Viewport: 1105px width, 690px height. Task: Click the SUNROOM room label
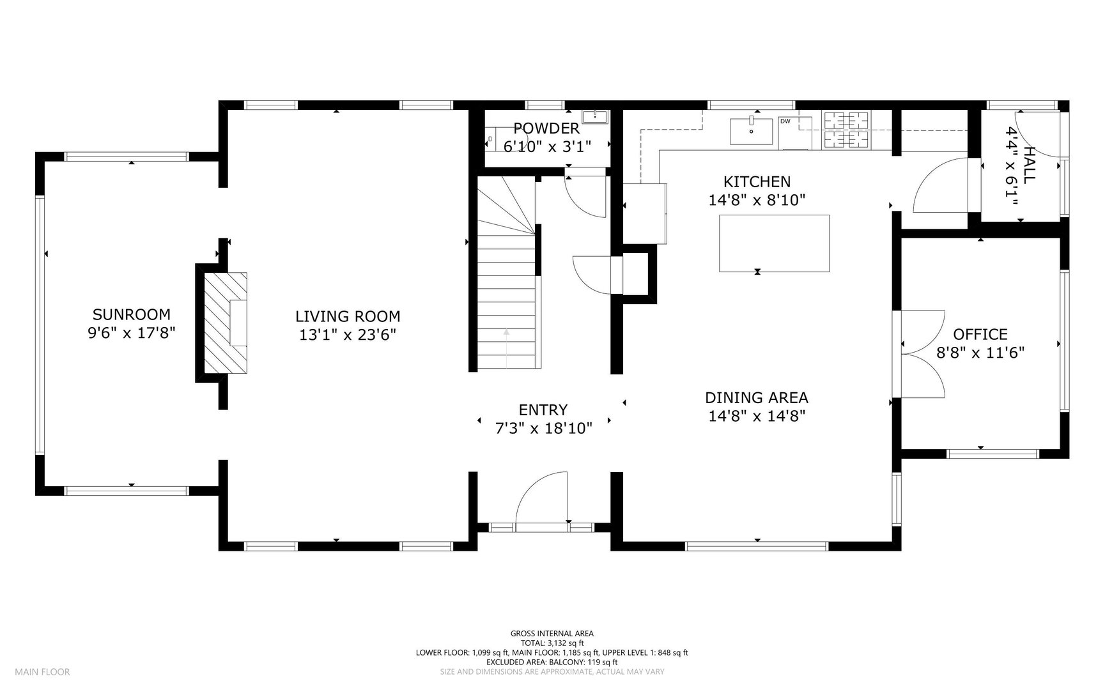[132, 314]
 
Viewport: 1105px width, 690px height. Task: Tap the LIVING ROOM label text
[348, 316]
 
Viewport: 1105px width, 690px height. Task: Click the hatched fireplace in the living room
[225, 323]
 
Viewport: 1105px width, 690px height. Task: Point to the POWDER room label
[546, 128]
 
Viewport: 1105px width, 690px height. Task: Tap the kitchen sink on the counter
[752, 131]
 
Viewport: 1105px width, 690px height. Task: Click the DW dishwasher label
[785, 121]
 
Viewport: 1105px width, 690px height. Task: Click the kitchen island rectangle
[775, 243]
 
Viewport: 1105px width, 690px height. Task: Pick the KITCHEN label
[757, 182]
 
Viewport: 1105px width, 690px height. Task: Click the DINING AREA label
[757, 397]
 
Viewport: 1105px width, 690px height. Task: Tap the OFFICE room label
[980, 334]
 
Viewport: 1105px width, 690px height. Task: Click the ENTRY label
[543, 410]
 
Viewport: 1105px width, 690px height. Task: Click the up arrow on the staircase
[506, 349]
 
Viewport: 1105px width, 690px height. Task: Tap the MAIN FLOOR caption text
[43, 671]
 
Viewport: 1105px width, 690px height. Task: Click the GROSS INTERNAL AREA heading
[552, 634]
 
